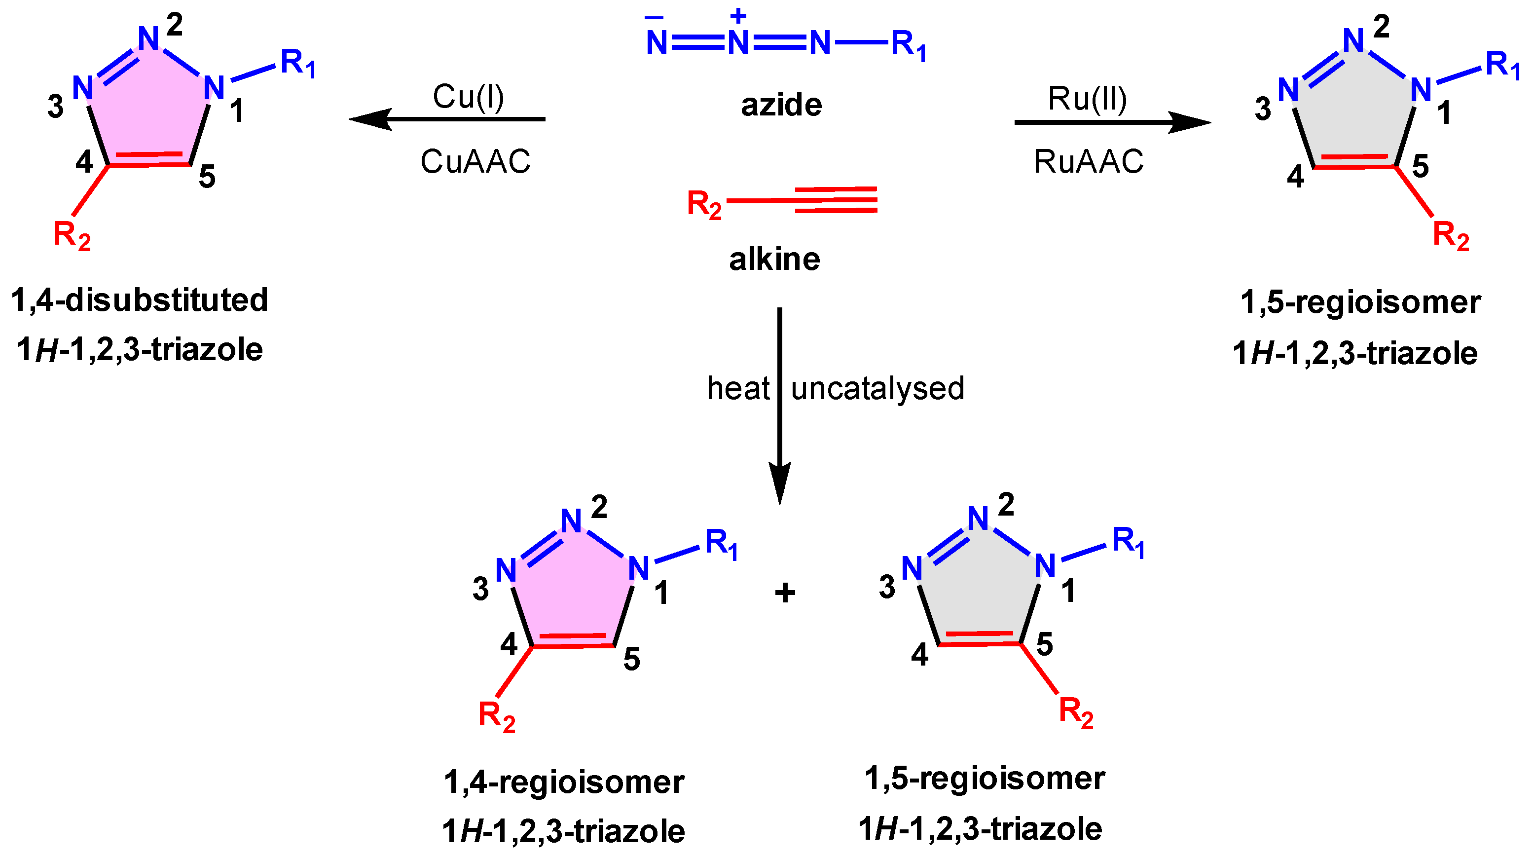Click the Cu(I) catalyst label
tap(468, 97)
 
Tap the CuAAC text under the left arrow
tap(475, 161)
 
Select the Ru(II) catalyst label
tap(1088, 99)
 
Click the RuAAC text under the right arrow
tap(1089, 161)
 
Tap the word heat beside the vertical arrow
tap(738, 388)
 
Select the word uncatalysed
tap(877, 388)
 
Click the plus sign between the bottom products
tap(784, 593)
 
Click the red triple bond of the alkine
tap(835, 199)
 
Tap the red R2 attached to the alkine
tap(704, 204)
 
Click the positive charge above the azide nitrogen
tap(738, 15)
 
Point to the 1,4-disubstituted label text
tap(140, 299)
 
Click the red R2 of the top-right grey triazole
tap(1451, 235)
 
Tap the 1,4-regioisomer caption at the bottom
tap(563, 782)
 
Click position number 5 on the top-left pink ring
tap(207, 177)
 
